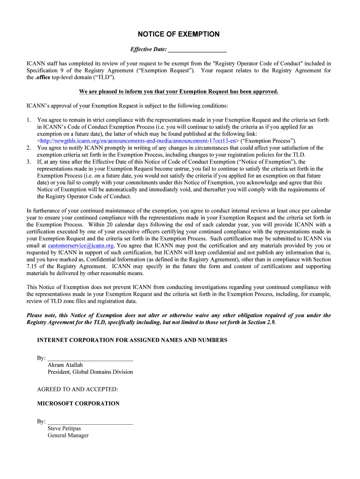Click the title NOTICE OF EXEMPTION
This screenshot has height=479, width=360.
178,34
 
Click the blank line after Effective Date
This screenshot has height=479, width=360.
197,50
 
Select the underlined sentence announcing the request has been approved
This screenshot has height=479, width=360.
179,91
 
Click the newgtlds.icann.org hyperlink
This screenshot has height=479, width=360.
138,140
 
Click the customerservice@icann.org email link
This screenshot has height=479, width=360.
81,245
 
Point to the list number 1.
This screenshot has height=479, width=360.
29,120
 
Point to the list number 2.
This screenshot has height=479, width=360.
29,147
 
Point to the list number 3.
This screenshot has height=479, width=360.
29,161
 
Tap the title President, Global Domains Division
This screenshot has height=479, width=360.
90,372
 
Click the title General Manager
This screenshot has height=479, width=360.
68,435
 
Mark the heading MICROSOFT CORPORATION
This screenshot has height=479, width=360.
78,403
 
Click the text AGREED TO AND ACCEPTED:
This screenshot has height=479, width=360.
78,389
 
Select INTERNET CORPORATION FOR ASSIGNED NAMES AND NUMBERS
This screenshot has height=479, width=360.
132,340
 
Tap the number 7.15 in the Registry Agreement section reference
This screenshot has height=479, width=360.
34,266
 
